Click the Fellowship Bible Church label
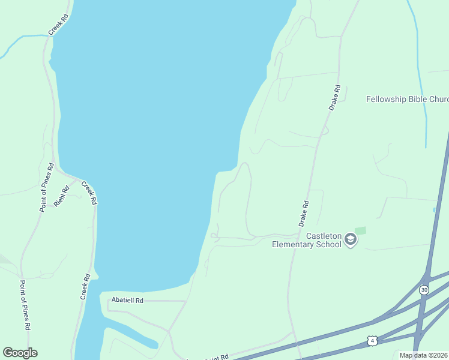point(407,99)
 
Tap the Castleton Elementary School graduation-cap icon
point(351,241)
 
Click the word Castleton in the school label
point(324,236)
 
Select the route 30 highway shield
point(424,290)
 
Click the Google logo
point(20,353)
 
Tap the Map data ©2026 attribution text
point(423,355)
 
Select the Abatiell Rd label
point(127,300)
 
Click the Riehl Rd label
point(62,196)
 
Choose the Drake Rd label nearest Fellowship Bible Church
point(334,97)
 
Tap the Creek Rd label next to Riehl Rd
point(89,193)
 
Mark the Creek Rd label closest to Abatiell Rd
point(85,287)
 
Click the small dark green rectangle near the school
point(360,230)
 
